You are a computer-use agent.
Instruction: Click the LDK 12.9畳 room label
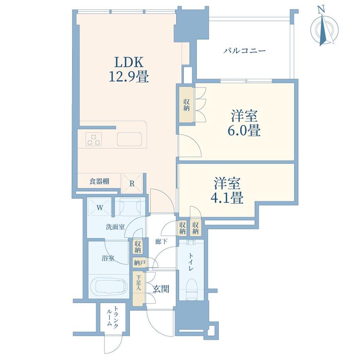[129, 69]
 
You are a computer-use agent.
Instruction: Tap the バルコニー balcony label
[245, 50]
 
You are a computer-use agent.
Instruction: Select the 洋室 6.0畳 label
[244, 123]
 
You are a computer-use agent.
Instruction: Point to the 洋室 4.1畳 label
[227, 190]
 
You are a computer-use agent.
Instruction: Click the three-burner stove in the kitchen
[94, 139]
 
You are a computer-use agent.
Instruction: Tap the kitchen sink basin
[129, 139]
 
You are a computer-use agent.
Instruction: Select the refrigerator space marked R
[132, 183]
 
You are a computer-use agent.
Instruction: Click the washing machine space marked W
[99, 207]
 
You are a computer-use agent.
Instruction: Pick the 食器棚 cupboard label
[99, 182]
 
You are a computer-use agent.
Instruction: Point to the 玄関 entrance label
[161, 289]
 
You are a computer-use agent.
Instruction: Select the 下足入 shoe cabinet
[138, 288]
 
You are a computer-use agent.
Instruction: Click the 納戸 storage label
[139, 263]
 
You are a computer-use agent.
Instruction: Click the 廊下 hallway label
[161, 241]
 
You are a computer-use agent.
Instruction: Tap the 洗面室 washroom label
[115, 227]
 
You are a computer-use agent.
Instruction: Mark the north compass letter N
[320, 10]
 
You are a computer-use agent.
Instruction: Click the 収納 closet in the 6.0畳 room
[186, 104]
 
